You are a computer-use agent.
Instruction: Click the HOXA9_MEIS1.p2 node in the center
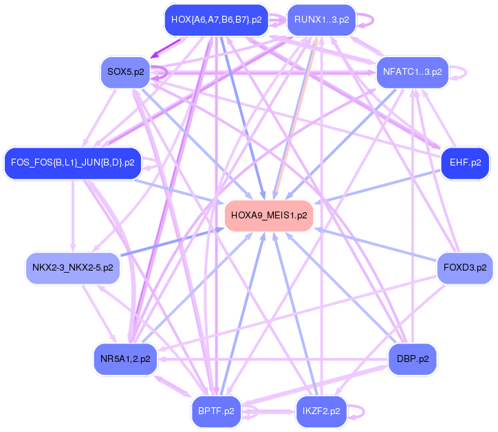(x=269, y=216)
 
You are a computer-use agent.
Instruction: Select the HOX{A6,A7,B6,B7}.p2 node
(x=216, y=20)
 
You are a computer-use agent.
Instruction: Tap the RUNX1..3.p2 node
(x=321, y=20)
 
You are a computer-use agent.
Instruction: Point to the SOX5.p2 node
(x=125, y=72)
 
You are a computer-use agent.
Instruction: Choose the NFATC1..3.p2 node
(x=412, y=72)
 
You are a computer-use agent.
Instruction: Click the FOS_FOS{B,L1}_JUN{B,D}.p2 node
(x=73, y=163)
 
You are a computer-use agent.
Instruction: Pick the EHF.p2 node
(x=465, y=163)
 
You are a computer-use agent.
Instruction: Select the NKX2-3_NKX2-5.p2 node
(x=73, y=268)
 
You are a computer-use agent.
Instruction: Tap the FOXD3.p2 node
(x=465, y=268)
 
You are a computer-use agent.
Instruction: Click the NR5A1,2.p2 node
(x=125, y=359)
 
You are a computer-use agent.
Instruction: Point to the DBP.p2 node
(x=412, y=359)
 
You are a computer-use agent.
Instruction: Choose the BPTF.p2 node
(x=216, y=411)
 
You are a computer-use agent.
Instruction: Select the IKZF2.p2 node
(x=321, y=411)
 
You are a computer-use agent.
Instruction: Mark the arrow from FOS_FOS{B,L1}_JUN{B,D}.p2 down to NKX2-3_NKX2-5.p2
(x=73, y=216)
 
